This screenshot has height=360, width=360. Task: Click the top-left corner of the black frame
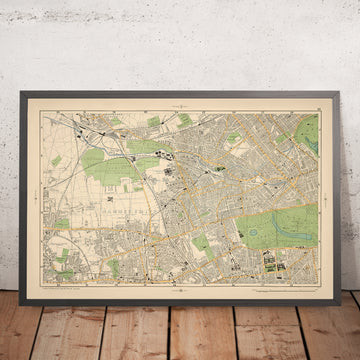coord(17,87)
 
